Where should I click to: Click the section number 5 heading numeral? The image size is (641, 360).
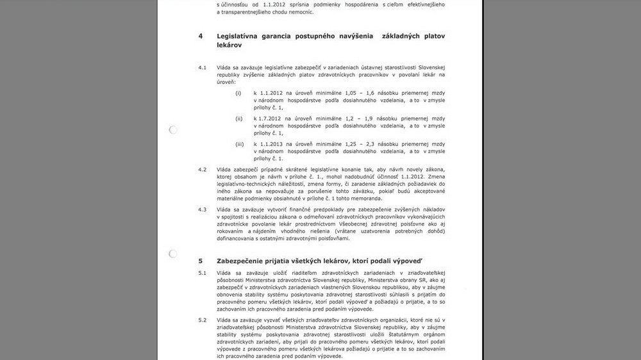coord(201,261)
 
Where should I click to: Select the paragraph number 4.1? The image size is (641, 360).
coord(202,67)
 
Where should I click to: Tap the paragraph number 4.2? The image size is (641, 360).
coord(202,169)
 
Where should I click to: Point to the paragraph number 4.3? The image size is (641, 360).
coord(202,209)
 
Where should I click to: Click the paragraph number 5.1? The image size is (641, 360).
coord(202,274)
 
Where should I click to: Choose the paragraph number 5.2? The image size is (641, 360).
coord(202,320)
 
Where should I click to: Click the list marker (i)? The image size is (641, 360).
coord(238,93)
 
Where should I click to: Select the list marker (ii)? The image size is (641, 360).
coord(239,119)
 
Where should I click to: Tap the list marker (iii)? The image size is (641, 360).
coord(240,144)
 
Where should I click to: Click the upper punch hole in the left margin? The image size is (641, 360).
coord(173,130)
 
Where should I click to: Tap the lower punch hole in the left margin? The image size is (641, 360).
coord(173,254)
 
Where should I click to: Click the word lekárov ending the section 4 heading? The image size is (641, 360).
coord(229,46)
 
